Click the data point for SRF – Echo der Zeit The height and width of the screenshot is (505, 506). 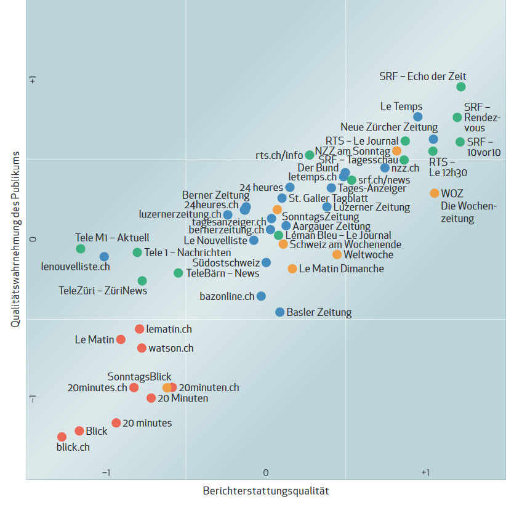[461, 87]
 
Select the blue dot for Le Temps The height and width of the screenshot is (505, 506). [418, 117]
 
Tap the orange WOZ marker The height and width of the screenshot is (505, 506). [435, 193]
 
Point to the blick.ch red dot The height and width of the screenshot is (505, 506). [62, 437]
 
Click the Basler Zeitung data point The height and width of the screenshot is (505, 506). [279, 312]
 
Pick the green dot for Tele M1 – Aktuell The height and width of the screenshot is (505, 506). [81, 249]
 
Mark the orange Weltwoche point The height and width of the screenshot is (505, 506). [337, 254]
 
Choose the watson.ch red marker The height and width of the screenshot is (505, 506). [142, 348]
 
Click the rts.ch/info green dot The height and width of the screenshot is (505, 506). [310, 155]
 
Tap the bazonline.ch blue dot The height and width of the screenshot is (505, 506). [261, 296]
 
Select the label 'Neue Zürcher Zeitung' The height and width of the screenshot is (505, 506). [389, 127]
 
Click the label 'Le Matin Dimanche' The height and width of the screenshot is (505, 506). [341, 269]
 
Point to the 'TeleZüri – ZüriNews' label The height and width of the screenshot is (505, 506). [103, 290]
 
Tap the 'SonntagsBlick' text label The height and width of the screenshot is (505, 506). [139, 376]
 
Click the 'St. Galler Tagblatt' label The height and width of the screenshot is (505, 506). [328, 198]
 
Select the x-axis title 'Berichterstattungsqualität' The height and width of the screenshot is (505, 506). [266, 491]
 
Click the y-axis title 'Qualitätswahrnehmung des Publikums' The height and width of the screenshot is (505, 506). [17, 239]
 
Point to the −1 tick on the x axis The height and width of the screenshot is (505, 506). [106, 472]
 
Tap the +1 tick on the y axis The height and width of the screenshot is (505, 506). [33, 79]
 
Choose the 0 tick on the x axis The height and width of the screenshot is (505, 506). [266, 472]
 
